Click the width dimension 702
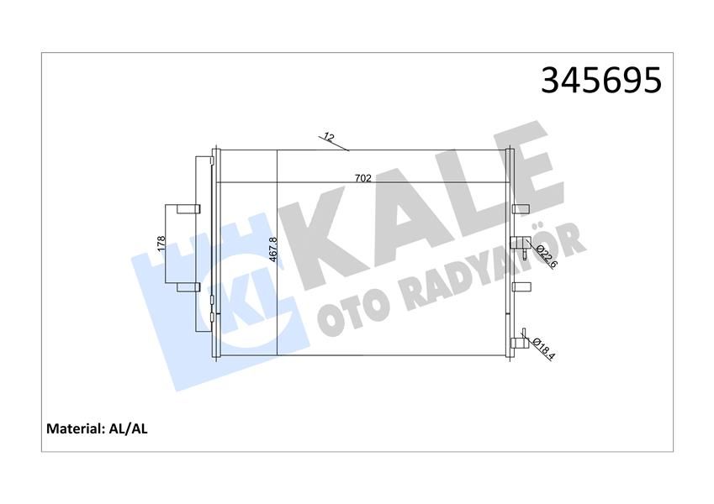(363, 177)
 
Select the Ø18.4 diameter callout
(543, 346)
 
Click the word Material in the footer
(73, 428)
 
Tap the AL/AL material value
(129, 428)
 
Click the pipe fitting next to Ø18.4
(519, 340)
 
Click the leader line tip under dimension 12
(348, 151)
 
